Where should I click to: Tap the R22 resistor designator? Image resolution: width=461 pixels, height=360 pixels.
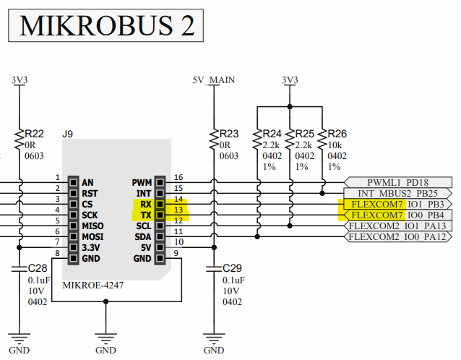click(x=34, y=133)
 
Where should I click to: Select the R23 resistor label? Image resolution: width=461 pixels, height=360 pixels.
click(x=228, y=133)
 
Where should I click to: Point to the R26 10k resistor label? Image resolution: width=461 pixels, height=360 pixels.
click(x=337, y=133)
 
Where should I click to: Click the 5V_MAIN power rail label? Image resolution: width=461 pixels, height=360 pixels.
click(x=214, y=80)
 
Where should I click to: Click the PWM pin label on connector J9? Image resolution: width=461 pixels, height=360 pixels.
click(x=142, y=181)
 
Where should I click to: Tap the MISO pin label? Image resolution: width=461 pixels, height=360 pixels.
click(x=95, y=226)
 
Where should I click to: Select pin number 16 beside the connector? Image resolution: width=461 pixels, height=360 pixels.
click(x=178, y=177)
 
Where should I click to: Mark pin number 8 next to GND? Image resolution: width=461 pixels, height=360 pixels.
click(x=57, y=254)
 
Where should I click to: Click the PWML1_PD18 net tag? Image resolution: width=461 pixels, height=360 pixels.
click(x=398, y=182)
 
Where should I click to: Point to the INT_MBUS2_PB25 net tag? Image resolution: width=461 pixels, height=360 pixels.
click(x=398, y=193)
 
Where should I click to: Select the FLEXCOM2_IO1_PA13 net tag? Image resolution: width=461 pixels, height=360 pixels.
click(x=398, y=226)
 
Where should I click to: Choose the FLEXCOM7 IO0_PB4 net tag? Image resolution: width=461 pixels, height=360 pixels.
click(x=398, y=215)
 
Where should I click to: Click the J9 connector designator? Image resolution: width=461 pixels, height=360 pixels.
click(x=68, y=134)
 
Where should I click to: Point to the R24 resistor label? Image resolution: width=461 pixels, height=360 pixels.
click(x=272, y=133)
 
